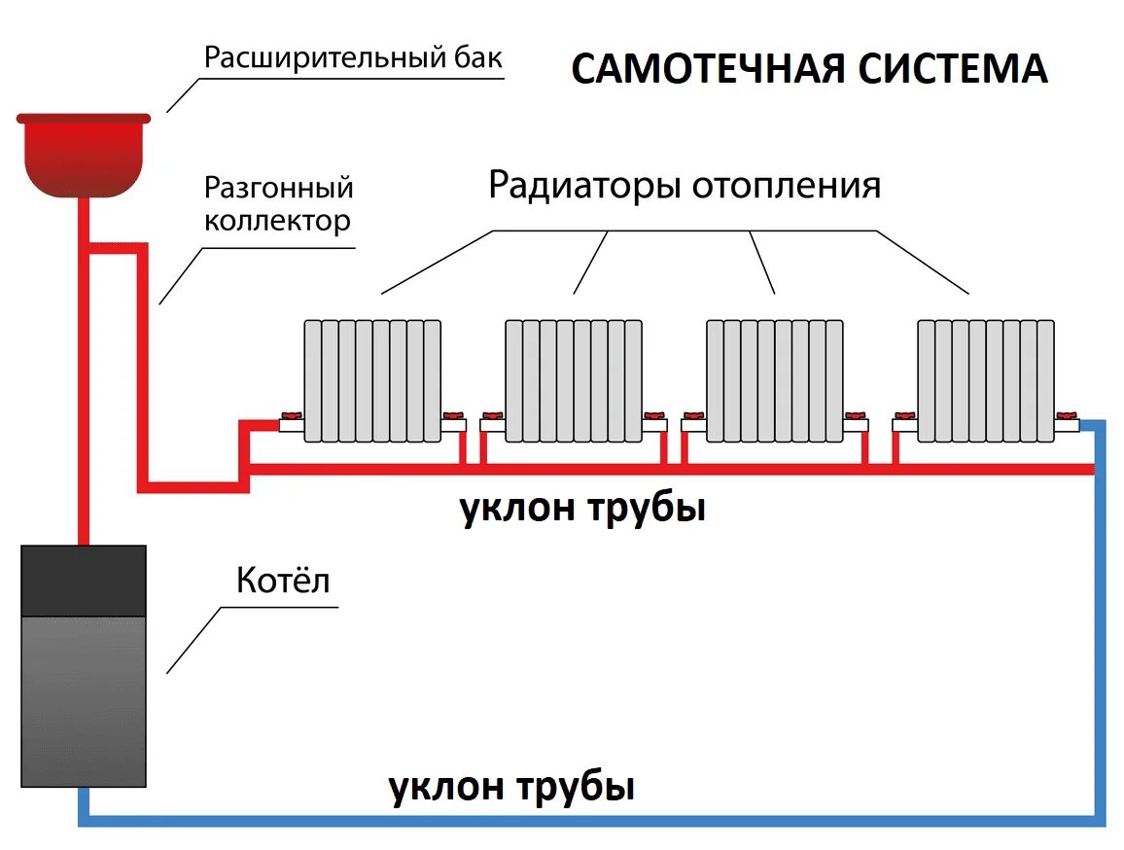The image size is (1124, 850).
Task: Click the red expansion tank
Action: click(84, 154)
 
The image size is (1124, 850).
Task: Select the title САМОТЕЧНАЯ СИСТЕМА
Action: click(809, 69)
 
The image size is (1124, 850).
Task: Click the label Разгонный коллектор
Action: click(277, 203)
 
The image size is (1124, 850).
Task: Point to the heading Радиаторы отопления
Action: click(684, 184)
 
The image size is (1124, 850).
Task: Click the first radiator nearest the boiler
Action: click(372, 379)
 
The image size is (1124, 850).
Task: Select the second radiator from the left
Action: click(574, 379)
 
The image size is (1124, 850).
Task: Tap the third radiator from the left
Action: click(774, 379)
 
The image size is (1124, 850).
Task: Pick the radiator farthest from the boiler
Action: click(986, 379)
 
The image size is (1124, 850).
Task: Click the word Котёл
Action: click(283, 582)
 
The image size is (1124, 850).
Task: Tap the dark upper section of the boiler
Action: click(84, 581)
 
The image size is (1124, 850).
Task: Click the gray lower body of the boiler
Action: click(84, 700)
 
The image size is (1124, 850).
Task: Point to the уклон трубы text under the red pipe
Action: click(581, 509)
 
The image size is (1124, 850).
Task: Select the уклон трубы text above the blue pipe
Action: click(511, 786)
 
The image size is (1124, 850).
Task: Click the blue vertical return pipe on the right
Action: click(1100, 622)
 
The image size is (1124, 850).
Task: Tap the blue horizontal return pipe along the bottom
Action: click(583, 820)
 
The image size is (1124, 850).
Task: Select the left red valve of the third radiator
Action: click(693, 417)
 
